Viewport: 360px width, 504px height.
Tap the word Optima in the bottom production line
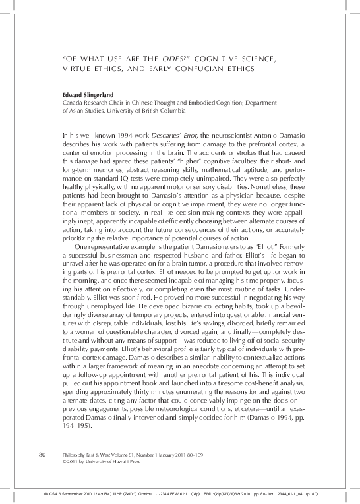(143, 493)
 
